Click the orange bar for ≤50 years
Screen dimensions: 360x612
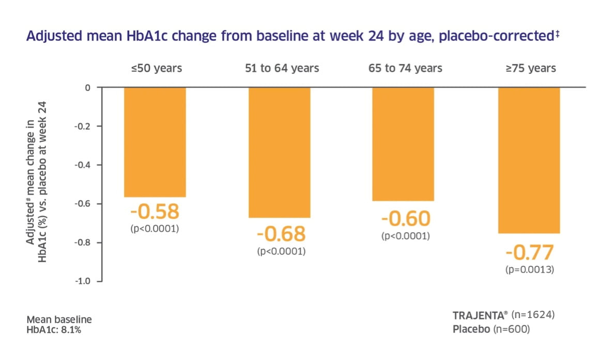[x=155, y=142]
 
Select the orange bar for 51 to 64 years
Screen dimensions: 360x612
[x=279, y=153]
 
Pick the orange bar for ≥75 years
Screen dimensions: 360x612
[x=528, y=160]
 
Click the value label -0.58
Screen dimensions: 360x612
[x=155, y=212]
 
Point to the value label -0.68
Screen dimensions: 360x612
[x=281, y=234]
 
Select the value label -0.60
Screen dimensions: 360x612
[x=406, y=219]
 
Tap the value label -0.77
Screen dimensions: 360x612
[x=529, y=252]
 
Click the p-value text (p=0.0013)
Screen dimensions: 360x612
[x=529, y=269]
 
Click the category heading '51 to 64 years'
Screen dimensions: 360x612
[x=282, y=68]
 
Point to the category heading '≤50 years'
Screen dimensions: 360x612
[x=157, y=68]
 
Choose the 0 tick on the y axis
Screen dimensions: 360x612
[x=87, y=87]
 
